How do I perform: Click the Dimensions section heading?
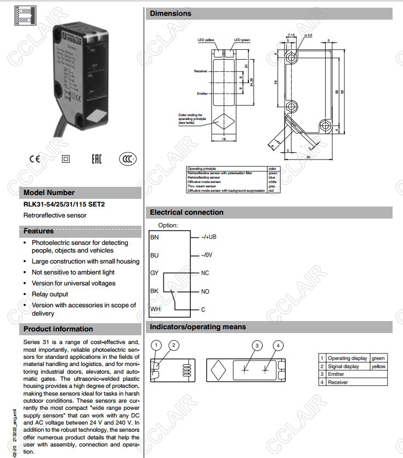[171, 13]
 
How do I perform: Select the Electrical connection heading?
[186, 212]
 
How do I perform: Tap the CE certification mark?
[35, 159]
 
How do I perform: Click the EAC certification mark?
[97, 159]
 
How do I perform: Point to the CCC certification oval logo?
[128, 159]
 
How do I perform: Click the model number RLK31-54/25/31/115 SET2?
[64, 204]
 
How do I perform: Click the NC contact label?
[205, 273]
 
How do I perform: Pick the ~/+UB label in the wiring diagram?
[208, 237]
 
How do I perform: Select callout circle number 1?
[157, 345]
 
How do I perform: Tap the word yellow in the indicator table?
[378, 367]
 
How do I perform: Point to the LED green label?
[241, 40]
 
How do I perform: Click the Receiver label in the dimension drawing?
[200, 71]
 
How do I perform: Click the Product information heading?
[58, 329]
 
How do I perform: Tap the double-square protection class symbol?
[66, 159]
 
